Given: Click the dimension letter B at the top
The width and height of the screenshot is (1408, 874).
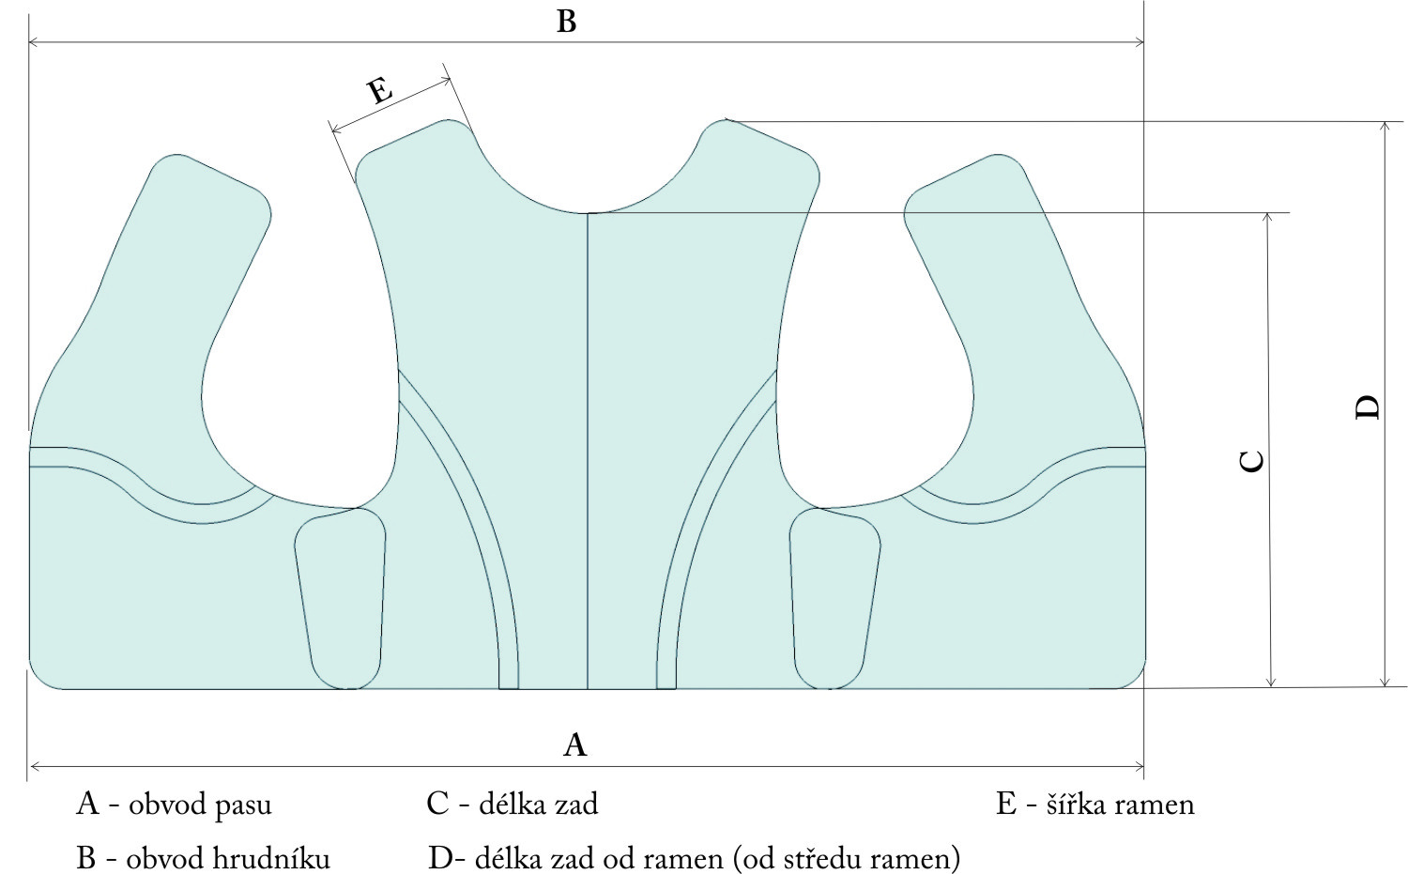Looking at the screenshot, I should (566, 21).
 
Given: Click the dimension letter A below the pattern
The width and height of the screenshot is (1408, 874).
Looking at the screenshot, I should (574, 744).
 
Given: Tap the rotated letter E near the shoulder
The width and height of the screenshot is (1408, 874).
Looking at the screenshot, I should (379, 91).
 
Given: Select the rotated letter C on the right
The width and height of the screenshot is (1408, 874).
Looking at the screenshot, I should (1252, 461).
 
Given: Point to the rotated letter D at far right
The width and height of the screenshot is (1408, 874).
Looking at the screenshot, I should (1369, 407).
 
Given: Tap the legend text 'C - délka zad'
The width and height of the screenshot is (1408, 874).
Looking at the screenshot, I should (512, 804).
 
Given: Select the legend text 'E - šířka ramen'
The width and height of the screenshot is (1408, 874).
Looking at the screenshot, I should (1094, 804).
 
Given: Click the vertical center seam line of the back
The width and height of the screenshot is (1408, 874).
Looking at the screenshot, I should (588, 451).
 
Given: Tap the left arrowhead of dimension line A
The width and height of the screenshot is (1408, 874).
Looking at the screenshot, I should (33, 766).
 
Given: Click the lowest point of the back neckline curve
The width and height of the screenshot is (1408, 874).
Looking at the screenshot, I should (588, 213).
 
